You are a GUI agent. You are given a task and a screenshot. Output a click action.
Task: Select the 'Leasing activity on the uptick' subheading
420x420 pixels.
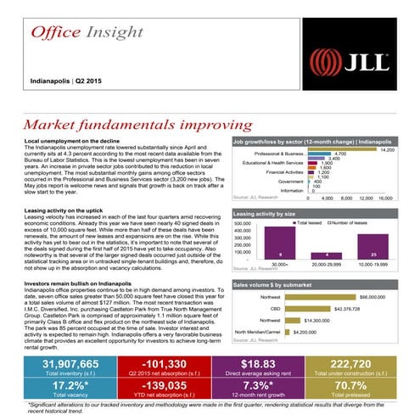click(x=66, y=210)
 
